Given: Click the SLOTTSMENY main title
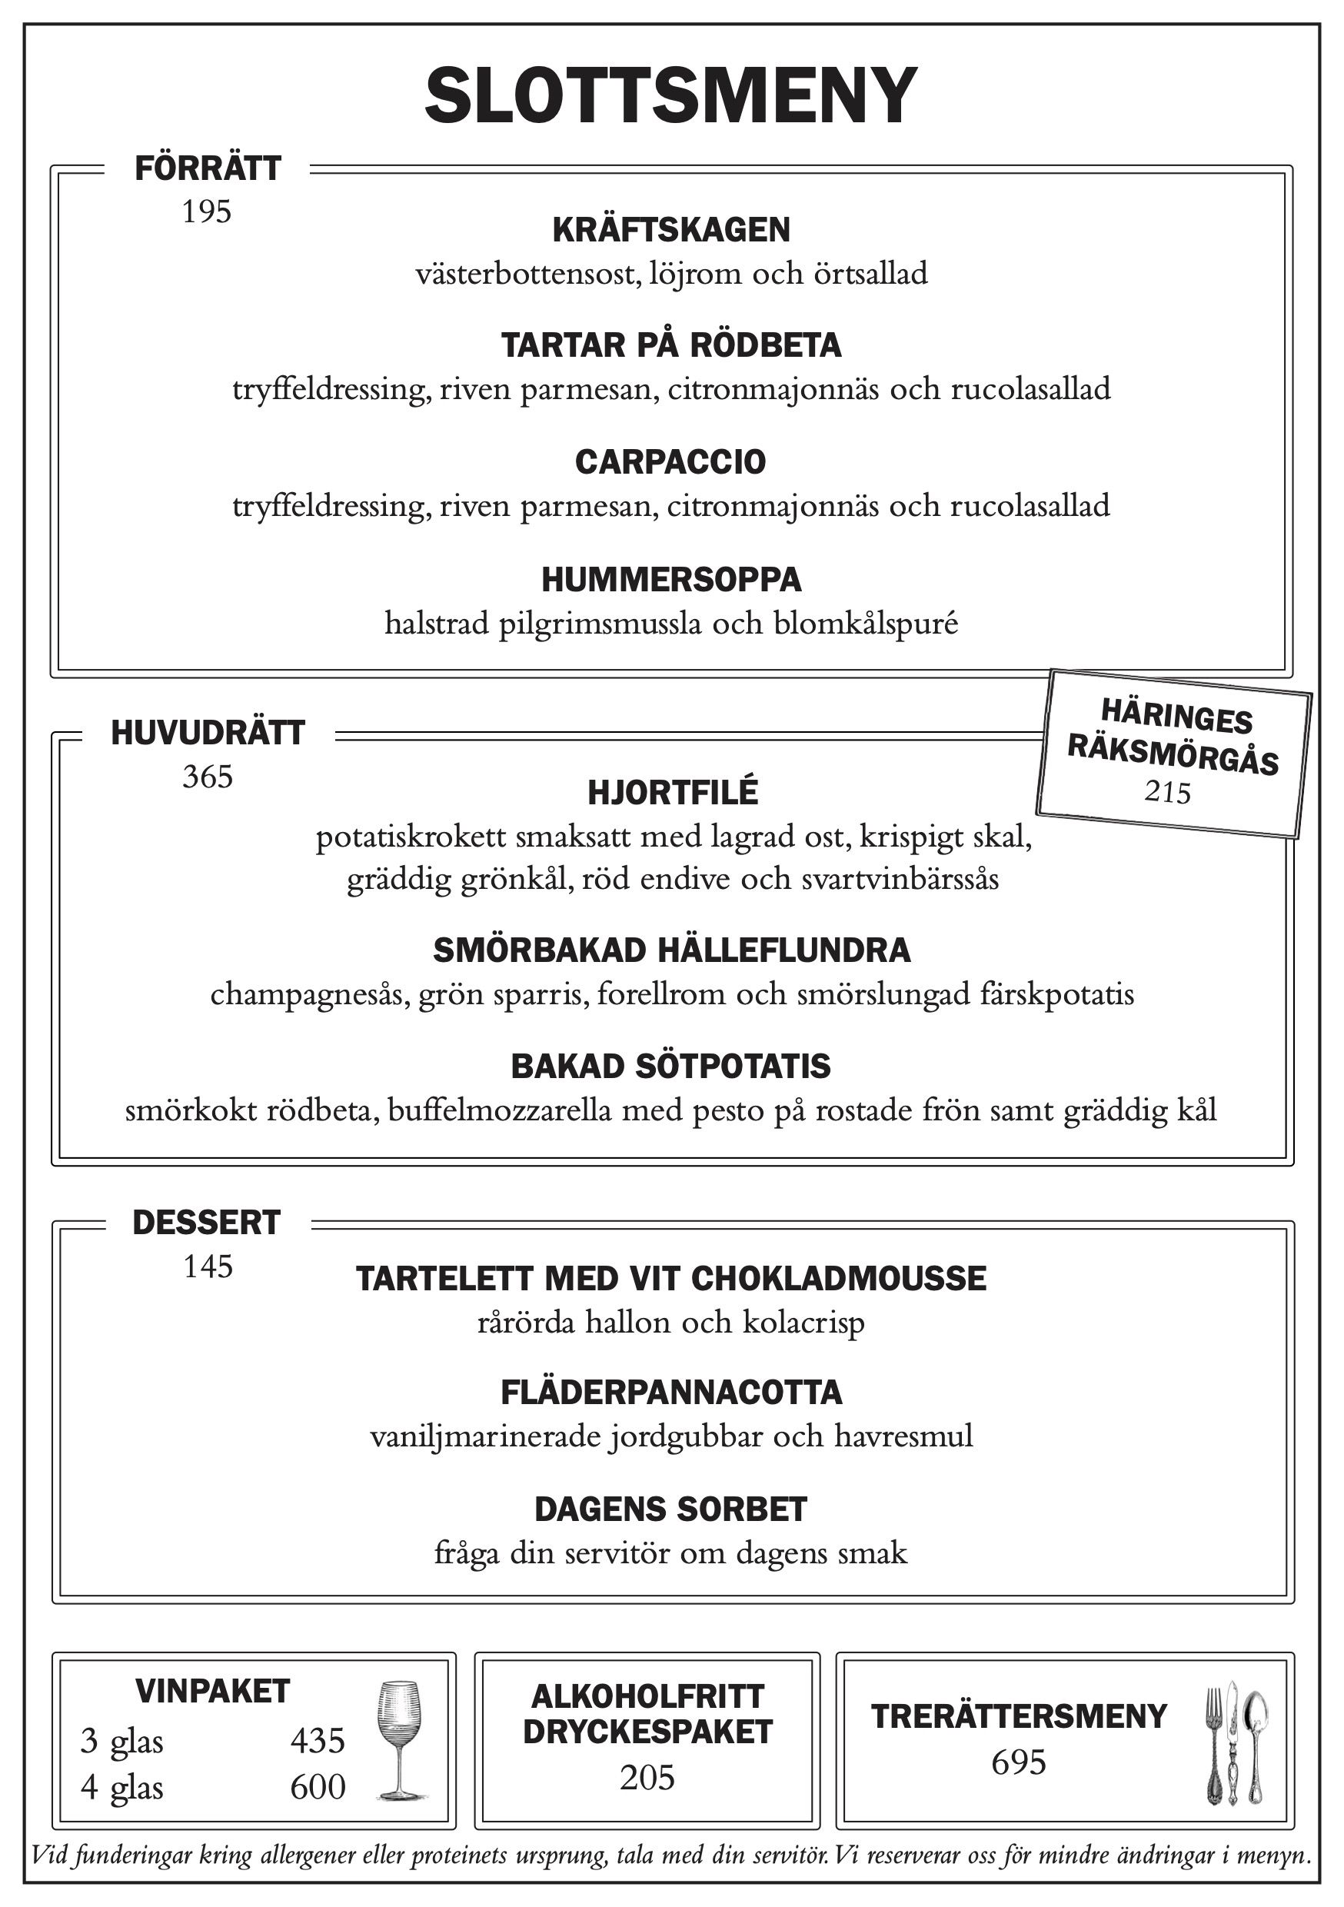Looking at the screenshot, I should (x=671, y=96).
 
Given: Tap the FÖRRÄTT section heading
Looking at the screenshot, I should (x=208, y=168).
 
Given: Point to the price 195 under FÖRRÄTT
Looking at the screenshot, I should (x=207, y=213).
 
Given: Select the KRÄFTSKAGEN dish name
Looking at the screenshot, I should (x=671, y=230).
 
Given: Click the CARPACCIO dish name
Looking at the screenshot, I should (x=670, y=462).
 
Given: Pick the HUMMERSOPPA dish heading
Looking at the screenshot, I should (x=671, y=580).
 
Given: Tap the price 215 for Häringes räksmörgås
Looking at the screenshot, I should (x=1167, y=792).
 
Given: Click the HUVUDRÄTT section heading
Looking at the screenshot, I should (x=208, y=734).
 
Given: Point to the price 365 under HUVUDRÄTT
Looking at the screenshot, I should (x=208, y=777).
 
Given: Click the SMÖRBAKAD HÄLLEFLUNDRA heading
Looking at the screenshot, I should (x=671, y=950).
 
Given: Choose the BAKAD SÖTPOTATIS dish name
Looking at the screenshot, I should (x=670, y=1067).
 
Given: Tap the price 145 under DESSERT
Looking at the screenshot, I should (x=208, y=1266).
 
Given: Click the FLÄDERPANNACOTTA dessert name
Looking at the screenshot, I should (x=671, y=1393).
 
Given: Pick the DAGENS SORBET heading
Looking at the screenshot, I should (x=670, y=1509).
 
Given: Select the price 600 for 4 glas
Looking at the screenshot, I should (x=318, y=1787).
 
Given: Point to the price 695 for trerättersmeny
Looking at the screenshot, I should (x=1019, y=1762).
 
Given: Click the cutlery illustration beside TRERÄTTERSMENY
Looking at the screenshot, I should (x=1237, y=1742).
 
